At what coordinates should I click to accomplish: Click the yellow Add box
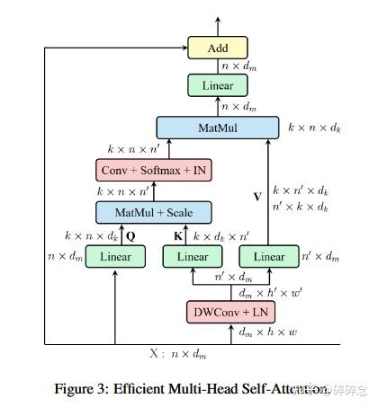pos(216,47)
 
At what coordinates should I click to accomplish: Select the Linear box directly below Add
pos(216,85)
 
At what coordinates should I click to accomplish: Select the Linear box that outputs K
pos(192,257)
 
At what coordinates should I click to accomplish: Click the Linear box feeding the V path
pos(268,257)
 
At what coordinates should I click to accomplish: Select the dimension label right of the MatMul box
pos(315,128)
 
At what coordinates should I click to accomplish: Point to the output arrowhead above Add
pos(216,21)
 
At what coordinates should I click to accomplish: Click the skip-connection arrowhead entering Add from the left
pos(183,48)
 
